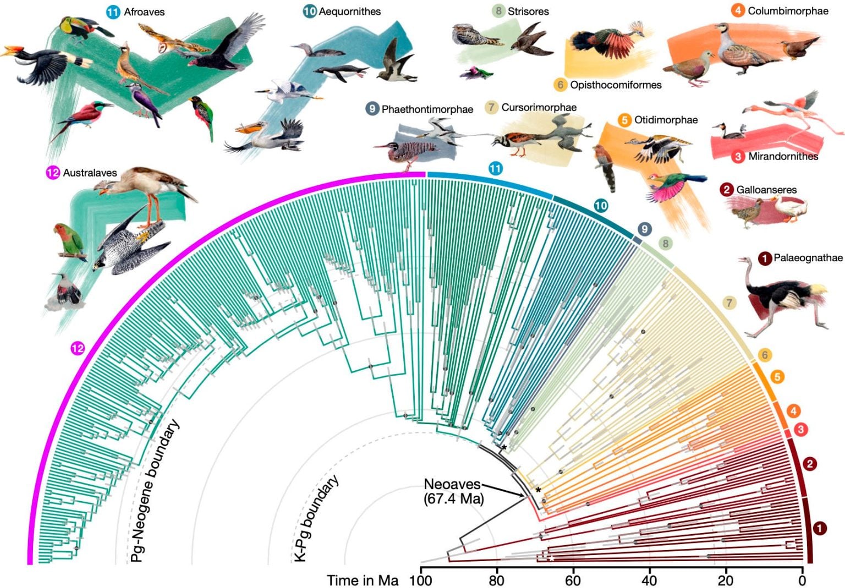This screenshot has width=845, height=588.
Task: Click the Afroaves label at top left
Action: tap(144, 12)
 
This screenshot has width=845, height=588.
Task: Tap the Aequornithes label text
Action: tap(349, 11)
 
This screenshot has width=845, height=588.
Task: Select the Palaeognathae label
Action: tap(808, 257)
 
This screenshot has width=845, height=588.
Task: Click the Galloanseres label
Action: tap(766, 190)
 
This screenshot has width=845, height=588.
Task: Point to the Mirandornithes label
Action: tap(783, 156)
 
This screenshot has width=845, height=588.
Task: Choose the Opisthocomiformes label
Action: tap(615, 85)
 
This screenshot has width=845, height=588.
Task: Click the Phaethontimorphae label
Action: tap(427, 109)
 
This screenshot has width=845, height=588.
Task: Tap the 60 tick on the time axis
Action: tap(573, 580)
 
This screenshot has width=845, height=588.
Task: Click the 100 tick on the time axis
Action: tap(421, 580)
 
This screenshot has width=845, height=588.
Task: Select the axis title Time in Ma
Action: tap(363, 580)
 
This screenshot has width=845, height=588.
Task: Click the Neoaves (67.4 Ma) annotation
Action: tap(452, 492)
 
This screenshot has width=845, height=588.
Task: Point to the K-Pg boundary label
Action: tap(316, 519)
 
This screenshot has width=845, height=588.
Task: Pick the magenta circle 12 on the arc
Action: tap(78, 348)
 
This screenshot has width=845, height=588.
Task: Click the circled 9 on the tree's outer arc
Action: tap(644, 229)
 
